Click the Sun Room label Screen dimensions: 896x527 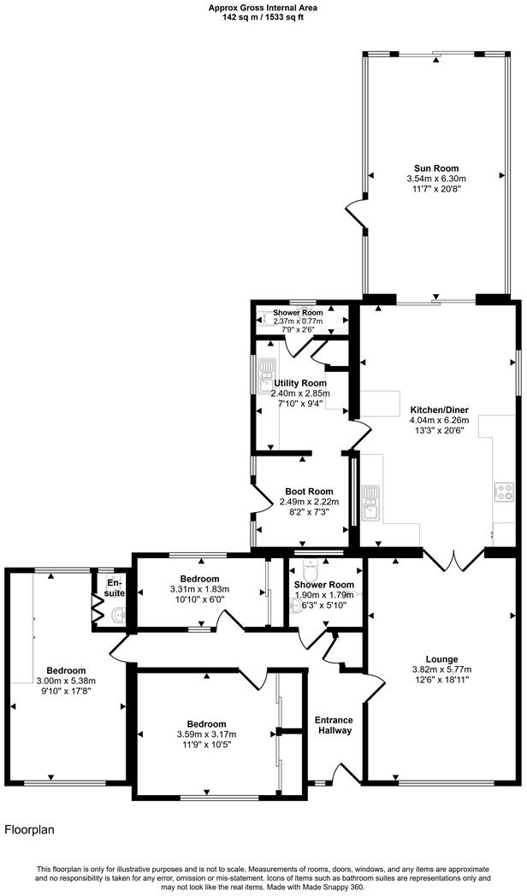437,168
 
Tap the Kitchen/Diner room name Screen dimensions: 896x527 439,410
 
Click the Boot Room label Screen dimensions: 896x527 309,492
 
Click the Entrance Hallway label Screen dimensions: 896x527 334,725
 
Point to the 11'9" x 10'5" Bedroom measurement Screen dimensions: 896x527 206,745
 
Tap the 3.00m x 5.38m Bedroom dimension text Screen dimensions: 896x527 66,681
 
